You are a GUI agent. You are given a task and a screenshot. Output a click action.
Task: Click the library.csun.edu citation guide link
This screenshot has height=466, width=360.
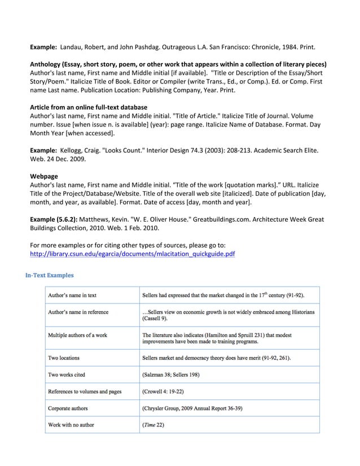point(132,254)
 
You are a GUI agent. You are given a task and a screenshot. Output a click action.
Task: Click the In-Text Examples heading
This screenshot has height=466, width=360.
point(49,275)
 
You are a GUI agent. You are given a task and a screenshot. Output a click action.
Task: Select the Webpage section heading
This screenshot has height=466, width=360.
point(43,176)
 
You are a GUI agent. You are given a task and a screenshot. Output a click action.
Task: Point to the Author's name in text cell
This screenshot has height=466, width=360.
point(72,295)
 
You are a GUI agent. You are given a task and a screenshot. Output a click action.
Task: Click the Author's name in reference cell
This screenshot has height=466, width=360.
point(78,312)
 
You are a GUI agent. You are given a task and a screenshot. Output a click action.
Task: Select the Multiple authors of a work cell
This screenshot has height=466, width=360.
point(77,335)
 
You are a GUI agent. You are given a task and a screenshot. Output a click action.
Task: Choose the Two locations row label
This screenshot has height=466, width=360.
point(64,358)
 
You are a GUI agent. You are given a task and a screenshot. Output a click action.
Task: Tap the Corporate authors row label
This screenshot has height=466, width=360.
point(68,408)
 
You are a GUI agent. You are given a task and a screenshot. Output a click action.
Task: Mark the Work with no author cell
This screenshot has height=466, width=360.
point(71,424)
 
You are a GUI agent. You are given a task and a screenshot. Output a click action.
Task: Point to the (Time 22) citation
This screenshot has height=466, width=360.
point(153,424)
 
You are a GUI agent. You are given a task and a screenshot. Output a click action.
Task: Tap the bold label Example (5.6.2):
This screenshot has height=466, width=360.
point(54,218)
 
